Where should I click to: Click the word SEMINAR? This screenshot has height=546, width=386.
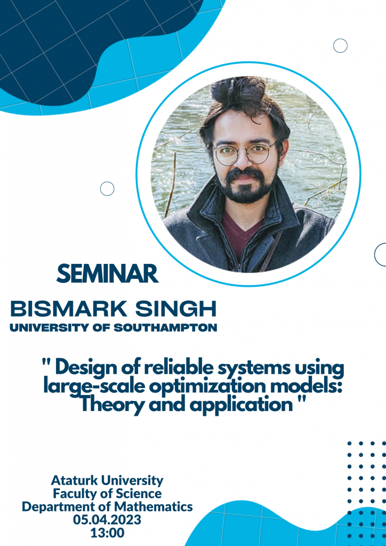[108, 274]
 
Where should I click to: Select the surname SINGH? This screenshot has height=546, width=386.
[176, 310]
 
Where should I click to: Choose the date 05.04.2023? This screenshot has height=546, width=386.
[107, 519]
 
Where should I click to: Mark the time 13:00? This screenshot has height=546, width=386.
[107, 533]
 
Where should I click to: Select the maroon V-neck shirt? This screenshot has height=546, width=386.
[240, 231]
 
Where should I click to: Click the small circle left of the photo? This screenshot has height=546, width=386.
[107, 188]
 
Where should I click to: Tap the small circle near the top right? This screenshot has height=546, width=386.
[340, 46]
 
